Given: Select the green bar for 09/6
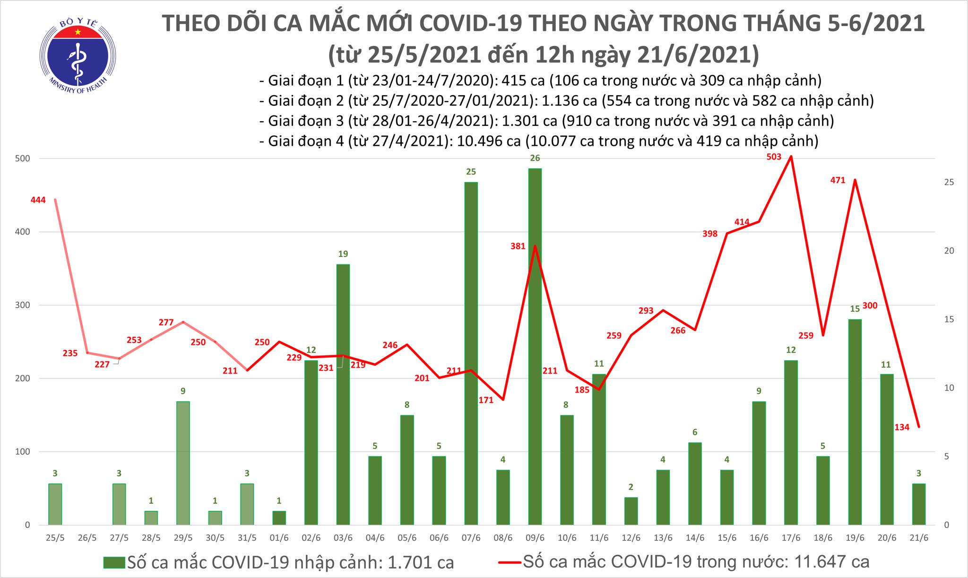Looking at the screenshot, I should tap(535, 345).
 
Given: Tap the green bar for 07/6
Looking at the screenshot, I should tap(471, 352).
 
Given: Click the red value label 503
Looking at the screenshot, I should tap(774, 157).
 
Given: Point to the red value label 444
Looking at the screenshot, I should tap(38, 200).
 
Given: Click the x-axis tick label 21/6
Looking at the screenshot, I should tap(918, 538).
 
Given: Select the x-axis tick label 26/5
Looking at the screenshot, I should tap(87, 538).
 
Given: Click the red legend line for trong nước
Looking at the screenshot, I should tap(510, 562).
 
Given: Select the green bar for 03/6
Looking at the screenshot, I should tap(343, 394).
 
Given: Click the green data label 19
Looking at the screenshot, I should tap(343, 254).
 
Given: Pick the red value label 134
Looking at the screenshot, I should tap(902, 427).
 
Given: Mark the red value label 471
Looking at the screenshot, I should tap(838, 180).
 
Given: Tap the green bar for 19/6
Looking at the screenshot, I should tap(855, 422).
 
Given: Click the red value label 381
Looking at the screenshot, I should tap(518, 246).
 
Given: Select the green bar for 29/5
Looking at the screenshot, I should tap(183, 463).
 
